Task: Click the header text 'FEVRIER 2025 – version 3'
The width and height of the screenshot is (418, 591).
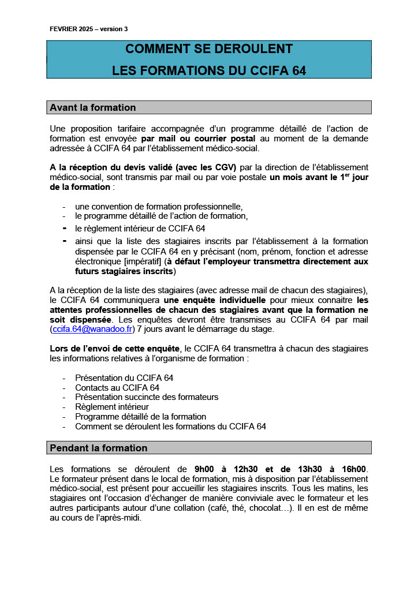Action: click(89, 29)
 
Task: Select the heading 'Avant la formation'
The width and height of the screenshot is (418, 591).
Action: click(93, 107)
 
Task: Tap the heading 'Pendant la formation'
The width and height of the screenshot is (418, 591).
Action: click(99, 448)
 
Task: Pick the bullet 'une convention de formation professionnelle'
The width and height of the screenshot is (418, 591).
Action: click(159, 207)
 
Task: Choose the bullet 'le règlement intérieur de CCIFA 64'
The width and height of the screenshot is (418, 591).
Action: click(140, 228)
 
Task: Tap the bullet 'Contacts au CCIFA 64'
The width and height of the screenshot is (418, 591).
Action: click(117, 388)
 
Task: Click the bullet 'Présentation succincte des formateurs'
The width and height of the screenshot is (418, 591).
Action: click(147, 397)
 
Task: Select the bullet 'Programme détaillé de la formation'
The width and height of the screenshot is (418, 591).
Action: click(140, 417)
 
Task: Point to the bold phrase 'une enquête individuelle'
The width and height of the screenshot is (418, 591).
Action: click(215, 300)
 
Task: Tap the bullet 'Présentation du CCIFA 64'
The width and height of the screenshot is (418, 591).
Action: click(124, 378)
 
